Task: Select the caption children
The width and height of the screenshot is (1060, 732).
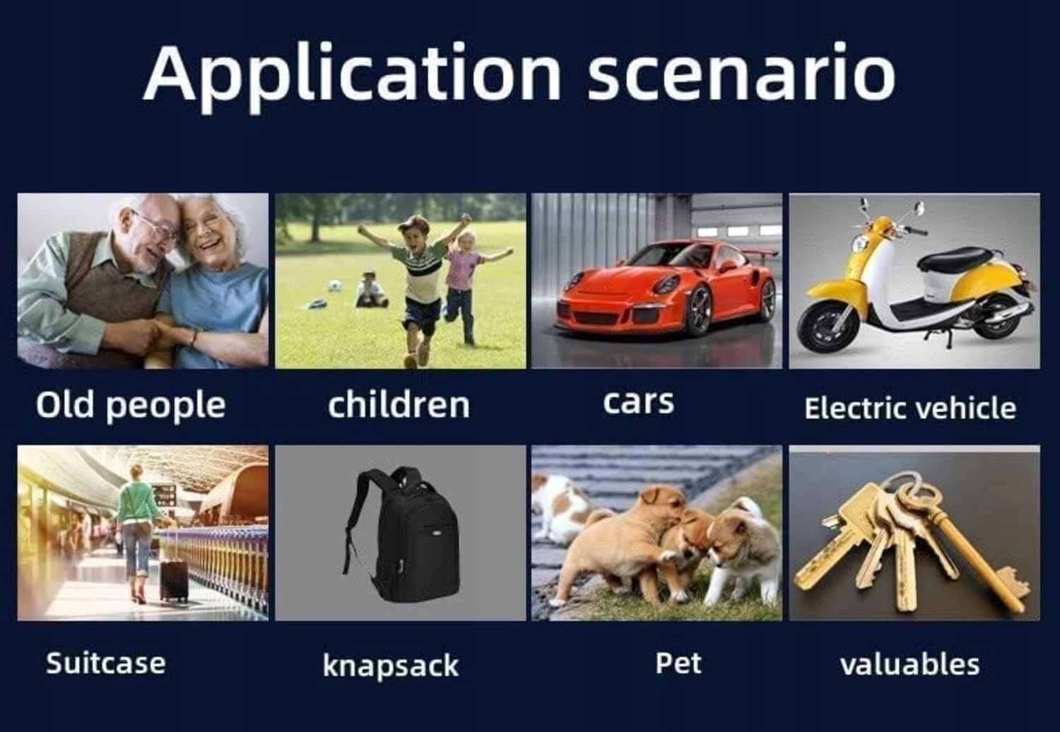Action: [399, 405]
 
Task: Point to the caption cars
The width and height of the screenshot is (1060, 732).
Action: [638, 403]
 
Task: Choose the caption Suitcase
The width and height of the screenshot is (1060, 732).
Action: [105, 663]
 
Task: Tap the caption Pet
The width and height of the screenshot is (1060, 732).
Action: [678, 663]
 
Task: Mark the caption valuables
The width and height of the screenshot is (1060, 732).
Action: [910, 664]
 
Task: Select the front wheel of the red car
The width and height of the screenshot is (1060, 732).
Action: [699, 310]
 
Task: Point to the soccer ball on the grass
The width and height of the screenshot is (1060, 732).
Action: [334, 285]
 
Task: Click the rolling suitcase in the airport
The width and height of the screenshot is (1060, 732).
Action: [174, 578]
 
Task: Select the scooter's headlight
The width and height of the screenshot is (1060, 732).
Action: [857, 244]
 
